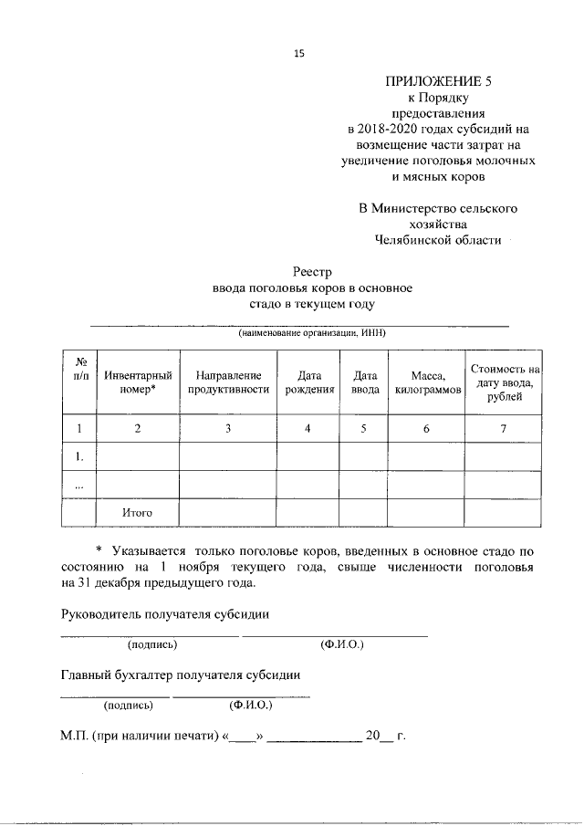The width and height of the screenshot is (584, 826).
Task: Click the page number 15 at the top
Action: [x=297, y=53]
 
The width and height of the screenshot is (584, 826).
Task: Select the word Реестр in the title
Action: [x=312, y=272]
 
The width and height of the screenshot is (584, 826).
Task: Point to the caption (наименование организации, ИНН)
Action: [x=312, y=333]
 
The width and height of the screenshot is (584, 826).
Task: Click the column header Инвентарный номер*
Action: [x=137, y=382]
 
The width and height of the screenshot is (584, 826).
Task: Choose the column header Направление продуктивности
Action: [x=228, y=382]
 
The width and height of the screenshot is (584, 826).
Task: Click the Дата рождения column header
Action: [x=308, y=382]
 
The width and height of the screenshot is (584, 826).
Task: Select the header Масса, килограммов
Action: [x=426, y=382]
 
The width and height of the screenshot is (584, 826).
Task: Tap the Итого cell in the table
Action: [x=137, y=513]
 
